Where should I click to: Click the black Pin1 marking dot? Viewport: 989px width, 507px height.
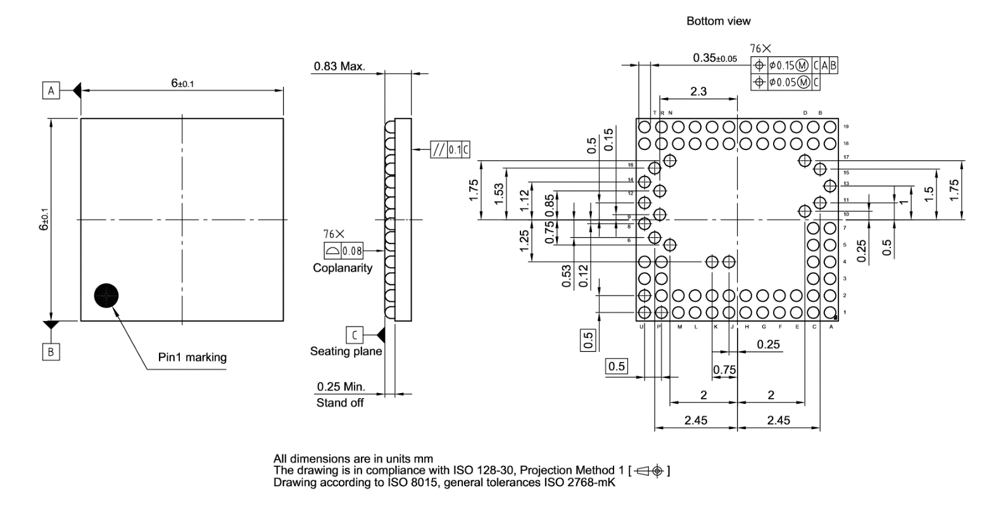(106, 295)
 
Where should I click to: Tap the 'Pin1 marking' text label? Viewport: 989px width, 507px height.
(192, 358)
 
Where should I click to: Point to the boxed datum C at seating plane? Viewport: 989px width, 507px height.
(355, 334)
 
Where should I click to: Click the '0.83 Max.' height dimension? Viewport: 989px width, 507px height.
(339, 66)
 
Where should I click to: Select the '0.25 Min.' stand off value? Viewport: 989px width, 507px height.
(341, 387)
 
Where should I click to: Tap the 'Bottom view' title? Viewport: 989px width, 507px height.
(719, 22)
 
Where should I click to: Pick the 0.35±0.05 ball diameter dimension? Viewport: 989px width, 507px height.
(715, 58)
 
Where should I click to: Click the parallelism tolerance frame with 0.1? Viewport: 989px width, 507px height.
(450, 150)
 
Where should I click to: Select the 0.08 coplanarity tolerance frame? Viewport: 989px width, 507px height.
(344, 251)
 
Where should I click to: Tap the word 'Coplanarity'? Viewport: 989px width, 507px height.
(343, 268)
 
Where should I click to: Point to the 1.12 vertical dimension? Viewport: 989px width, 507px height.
(524, 202)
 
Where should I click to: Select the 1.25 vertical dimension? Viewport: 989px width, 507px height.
(524, 241)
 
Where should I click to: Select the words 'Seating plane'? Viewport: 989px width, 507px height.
(346, 351)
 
